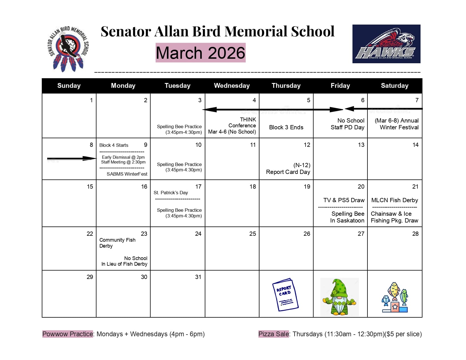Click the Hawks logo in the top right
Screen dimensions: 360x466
coord(386,44)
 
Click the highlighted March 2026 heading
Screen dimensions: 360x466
coord(201,53)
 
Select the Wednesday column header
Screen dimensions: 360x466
coord(232,86)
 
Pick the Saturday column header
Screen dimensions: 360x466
coord(395,86)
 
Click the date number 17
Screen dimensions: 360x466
coord(198,187)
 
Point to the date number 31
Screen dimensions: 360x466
coord(198,277)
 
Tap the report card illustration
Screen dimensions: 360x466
coord(285,295)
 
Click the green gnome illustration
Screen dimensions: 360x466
coord(339,297)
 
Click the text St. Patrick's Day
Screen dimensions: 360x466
coord(171,193)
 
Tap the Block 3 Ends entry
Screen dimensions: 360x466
coord(286,127)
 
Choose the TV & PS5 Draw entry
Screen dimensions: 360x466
coord(344,200)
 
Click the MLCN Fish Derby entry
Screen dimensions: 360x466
coord(395,200)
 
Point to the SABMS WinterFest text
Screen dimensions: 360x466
coord(127,174)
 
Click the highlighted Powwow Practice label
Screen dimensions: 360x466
coord(67,334)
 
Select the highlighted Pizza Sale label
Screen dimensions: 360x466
coord(274,334)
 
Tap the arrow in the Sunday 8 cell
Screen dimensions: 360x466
coord(72,159)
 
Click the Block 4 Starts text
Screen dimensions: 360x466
coord(114,145)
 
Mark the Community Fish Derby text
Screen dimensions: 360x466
coord(117,243)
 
